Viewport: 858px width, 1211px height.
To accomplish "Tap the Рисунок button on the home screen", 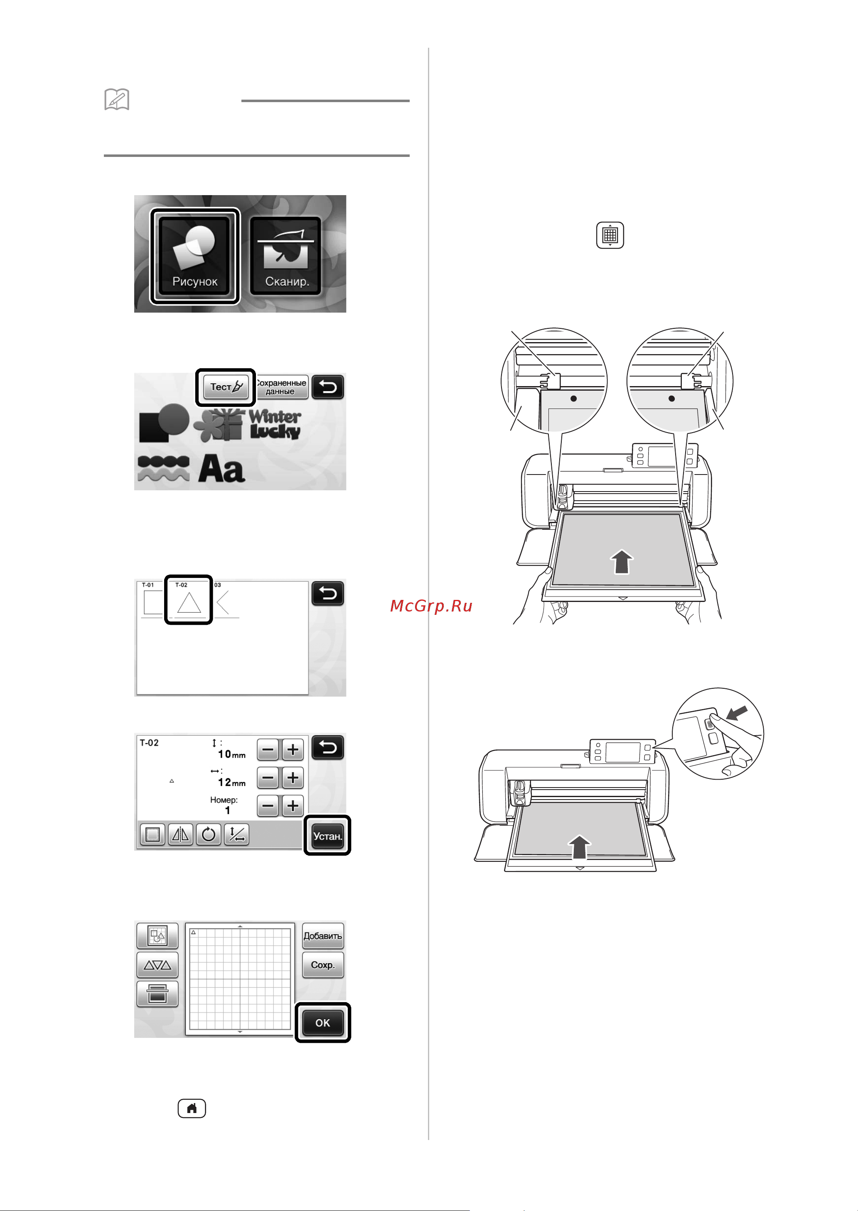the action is pos(195,256).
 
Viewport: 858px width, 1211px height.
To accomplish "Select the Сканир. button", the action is pos(286,256).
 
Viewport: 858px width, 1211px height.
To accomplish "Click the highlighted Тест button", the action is pos(226,387).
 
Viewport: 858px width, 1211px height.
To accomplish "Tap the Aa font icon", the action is pos(221,469).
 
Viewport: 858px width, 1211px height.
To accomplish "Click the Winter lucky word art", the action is pos(275,424).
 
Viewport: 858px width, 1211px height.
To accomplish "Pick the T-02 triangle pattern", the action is pos(189,600).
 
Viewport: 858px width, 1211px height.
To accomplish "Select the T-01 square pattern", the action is pos(152,600).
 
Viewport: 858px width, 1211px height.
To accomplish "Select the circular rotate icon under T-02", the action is pos(208,834).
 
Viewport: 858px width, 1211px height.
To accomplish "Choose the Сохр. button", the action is pos(323,965).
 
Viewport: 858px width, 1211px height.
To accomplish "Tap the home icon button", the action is pos(192,1108).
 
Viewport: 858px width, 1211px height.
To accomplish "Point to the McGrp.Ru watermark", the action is pos(431,606).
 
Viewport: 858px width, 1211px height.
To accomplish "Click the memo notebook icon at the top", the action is pos(117,99).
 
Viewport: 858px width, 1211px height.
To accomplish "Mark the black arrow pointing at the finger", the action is pos(738,712).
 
